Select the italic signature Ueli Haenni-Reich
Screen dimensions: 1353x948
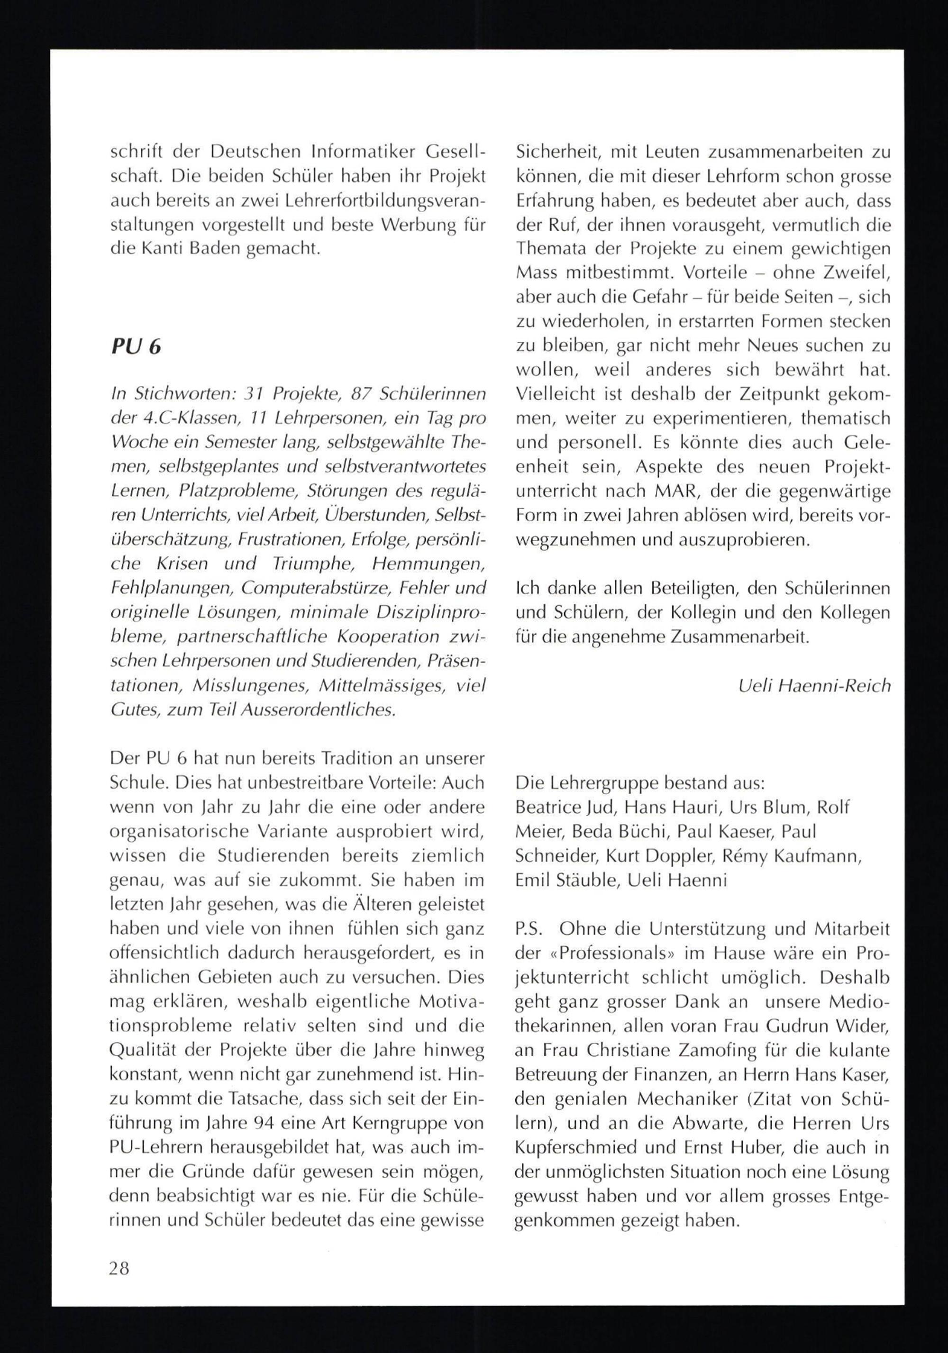[814, 686]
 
